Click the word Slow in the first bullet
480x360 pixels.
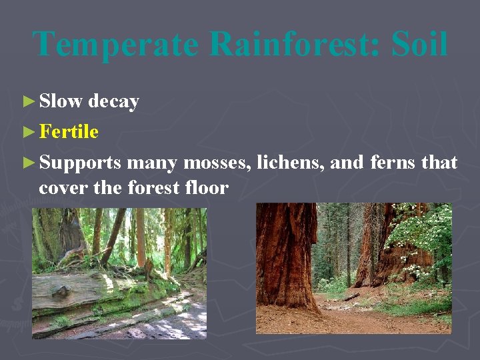tap(61, 101)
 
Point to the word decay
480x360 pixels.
tap(113, 102)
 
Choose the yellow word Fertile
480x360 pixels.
tap(69, 132)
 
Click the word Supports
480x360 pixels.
tap(80, 163)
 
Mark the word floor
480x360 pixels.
tap(207, 189)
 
